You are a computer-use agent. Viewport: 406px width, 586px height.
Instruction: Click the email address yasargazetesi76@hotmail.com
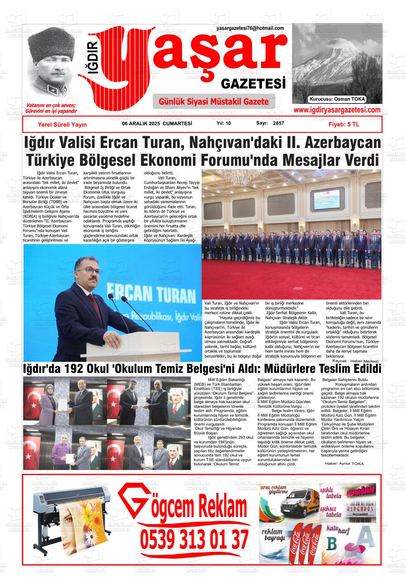250,28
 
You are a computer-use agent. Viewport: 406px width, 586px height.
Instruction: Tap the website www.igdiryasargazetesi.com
337,110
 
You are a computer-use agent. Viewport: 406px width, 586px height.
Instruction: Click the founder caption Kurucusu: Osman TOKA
337,99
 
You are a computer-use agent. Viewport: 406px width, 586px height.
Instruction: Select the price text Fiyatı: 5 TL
344,125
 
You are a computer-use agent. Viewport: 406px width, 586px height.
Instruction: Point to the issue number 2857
278,123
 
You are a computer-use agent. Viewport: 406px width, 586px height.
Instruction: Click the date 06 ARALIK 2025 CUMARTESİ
157,123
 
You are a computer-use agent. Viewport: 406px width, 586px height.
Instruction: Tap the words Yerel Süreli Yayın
62,125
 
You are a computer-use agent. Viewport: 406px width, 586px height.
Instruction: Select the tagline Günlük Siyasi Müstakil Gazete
214,102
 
